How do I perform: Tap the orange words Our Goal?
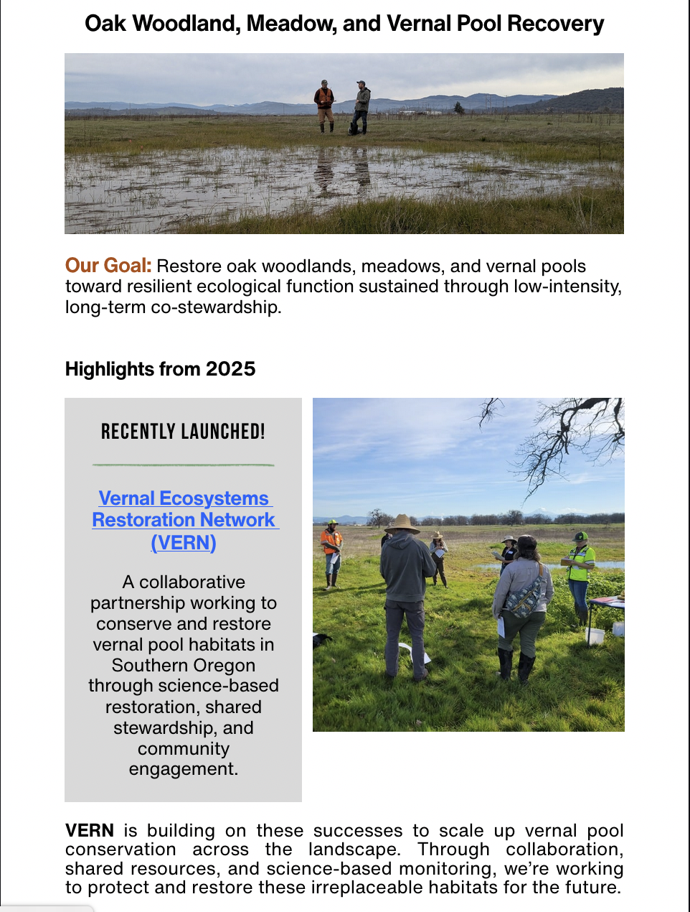(108, 266)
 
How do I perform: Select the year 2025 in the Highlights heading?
(230, 369)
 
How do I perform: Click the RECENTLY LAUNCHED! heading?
(183, 432)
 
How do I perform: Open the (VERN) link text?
(184, 542)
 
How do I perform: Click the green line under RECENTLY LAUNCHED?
(184, 465)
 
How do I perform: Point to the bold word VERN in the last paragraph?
(90, 831)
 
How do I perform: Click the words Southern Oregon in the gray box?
(184, 666)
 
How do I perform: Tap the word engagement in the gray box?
(184, 769)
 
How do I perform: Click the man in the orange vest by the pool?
(325, 106)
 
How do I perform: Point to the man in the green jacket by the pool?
(361, 106)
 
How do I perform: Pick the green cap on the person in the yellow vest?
(580, 536)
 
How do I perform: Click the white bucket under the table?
(595, 635)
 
